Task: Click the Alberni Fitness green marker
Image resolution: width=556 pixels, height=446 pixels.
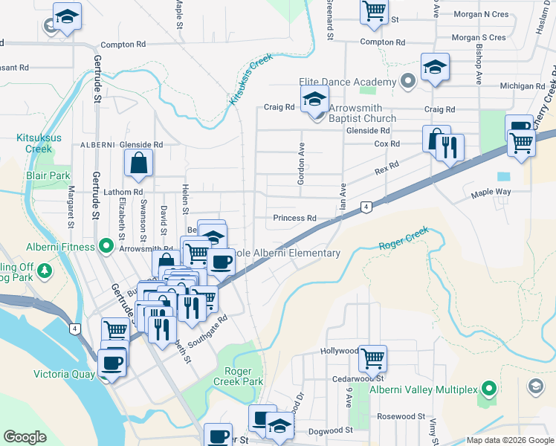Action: click(106, 245)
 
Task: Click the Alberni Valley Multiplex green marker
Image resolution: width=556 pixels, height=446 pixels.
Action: click(488, 388)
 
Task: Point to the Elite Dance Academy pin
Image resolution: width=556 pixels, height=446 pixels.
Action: click(407, 80)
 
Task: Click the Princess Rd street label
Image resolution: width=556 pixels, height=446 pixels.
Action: click(294, 219)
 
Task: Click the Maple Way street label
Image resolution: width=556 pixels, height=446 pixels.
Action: click(491, 193)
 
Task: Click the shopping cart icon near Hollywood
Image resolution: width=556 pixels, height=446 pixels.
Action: click(372, 358)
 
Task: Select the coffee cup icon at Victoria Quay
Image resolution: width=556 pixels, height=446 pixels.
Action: click(112, 363)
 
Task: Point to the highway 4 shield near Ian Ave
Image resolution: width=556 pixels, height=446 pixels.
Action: click(366, 207)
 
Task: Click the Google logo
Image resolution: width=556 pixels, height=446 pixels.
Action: click(25, 437)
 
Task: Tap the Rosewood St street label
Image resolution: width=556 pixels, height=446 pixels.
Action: click(401, 417)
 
